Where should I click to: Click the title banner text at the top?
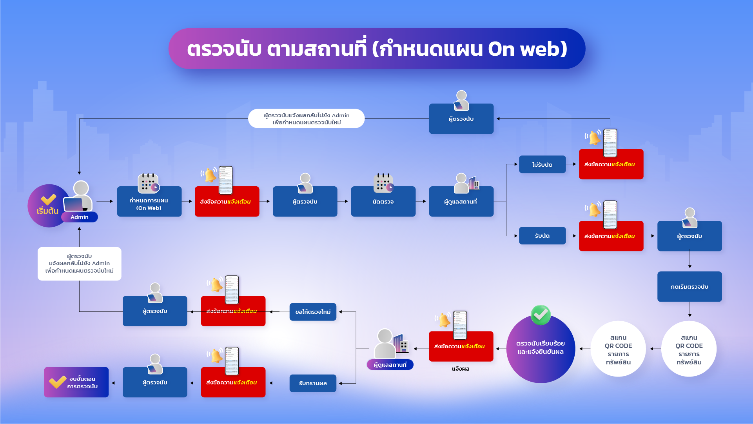[377, 49]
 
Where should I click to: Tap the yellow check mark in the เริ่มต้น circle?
[49, 200]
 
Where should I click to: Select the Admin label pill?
[80, 217]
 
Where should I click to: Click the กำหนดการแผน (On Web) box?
[149, 202]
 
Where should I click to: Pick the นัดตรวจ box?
[383, 202]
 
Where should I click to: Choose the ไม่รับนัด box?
[542, 164]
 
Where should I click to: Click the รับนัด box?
[542, 236]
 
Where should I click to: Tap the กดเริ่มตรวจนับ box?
[689, 287]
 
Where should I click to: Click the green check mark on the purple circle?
[541, 315]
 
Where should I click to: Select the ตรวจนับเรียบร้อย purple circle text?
[541, 348]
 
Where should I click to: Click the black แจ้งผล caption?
[461, 369]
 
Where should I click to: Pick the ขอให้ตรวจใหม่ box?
[313, 312]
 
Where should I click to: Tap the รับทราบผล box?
[313, 383]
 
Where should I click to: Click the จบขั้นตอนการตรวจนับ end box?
[76, 382]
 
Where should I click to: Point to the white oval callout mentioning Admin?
[307, 118]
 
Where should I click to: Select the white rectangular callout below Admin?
[80, 264]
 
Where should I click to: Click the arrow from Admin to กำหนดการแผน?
[105, 201]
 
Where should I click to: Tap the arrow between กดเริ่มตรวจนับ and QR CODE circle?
[689, 309]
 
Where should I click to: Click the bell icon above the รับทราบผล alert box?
[216, 356]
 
